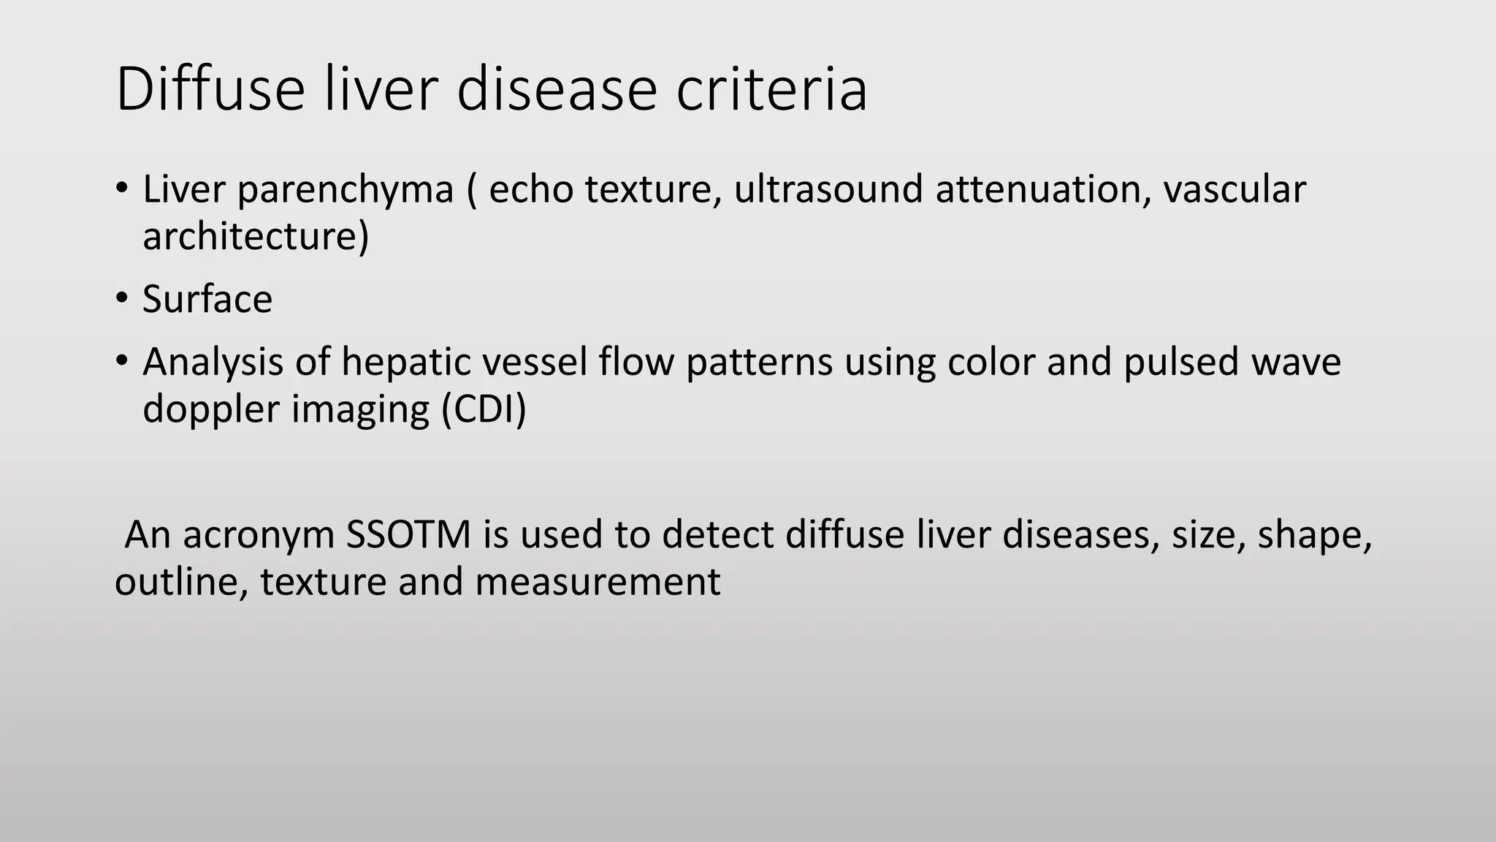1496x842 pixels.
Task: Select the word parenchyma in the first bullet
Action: (346, 189)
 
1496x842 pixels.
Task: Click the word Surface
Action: (207, 299)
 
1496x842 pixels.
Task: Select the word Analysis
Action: (213, 362)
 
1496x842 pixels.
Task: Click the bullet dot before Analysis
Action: (121, 360)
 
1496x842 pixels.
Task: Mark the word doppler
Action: (211, 409)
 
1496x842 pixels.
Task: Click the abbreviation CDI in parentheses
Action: (484, 409)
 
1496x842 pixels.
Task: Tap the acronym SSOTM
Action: (408, 535)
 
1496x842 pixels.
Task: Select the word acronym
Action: (259, 536)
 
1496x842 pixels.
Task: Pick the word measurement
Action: (598, 582)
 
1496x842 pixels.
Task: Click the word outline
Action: (181, 582)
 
